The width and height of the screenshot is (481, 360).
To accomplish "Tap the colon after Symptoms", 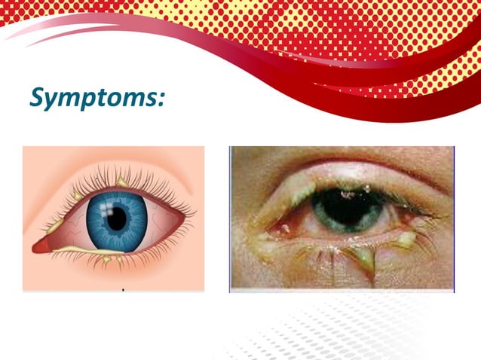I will (159, 99).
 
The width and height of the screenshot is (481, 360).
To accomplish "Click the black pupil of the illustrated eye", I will (117, 219).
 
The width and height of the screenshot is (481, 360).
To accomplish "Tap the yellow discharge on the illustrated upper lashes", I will (121, 182).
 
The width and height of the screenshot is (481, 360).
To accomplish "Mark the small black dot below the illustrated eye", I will (122, 289).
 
